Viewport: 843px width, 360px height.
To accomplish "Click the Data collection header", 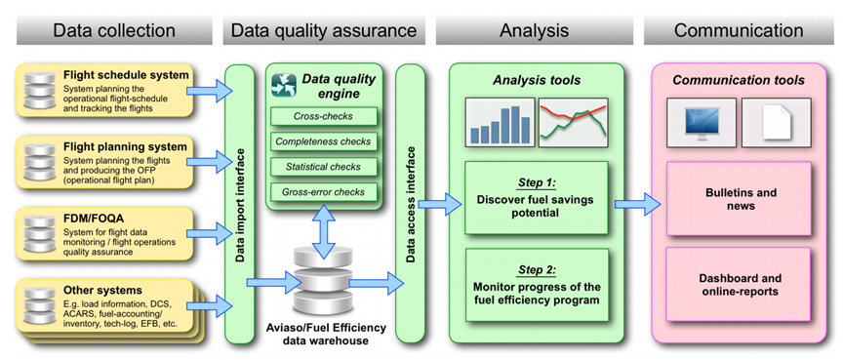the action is pyautogui.click(x=114, y=30).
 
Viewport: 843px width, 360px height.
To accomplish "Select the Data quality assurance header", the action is pyautogui.click(x=324, y=30).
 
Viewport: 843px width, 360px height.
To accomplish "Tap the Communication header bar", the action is pyautogui.click(x=739, y=30).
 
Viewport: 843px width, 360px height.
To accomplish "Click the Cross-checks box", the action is pyautogui.click(x=323, y=116).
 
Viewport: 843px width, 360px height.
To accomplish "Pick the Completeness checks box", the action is pyautogui.click(x=323, y=141).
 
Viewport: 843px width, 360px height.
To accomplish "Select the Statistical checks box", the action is pyautogui.click(x=323, y=167).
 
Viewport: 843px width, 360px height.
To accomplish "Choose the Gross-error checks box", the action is pyautogui.click(x=323, y=192).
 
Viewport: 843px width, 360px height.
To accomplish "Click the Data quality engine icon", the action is pyautogui.click(x=284, y=85).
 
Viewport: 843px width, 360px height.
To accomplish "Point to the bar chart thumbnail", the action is pyautogui.click(x=501, y=123).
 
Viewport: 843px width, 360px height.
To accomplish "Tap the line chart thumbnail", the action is pyautogui.click(x=573, y=123).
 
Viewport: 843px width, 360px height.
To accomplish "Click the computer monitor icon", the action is pyautogui.click(x=702, y=123).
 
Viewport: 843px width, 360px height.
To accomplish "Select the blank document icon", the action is pyautogui.click(x=777, y=123).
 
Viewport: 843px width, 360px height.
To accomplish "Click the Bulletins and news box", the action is pyautogui.click(x=739, y=199).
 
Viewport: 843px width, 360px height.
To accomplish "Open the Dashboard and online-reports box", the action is pyautogui.click(x=739, y=285).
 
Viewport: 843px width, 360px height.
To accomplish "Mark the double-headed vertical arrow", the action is pyautogui.click(x=323, y=233).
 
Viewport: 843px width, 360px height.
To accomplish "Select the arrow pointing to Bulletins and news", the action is pyautogui.click(x=638, y=204).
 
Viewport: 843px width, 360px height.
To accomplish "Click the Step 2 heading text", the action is pyautogui.click(x=537, y=269).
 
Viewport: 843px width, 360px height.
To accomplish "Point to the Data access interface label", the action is pyautogui.click(x=410, y=205).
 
